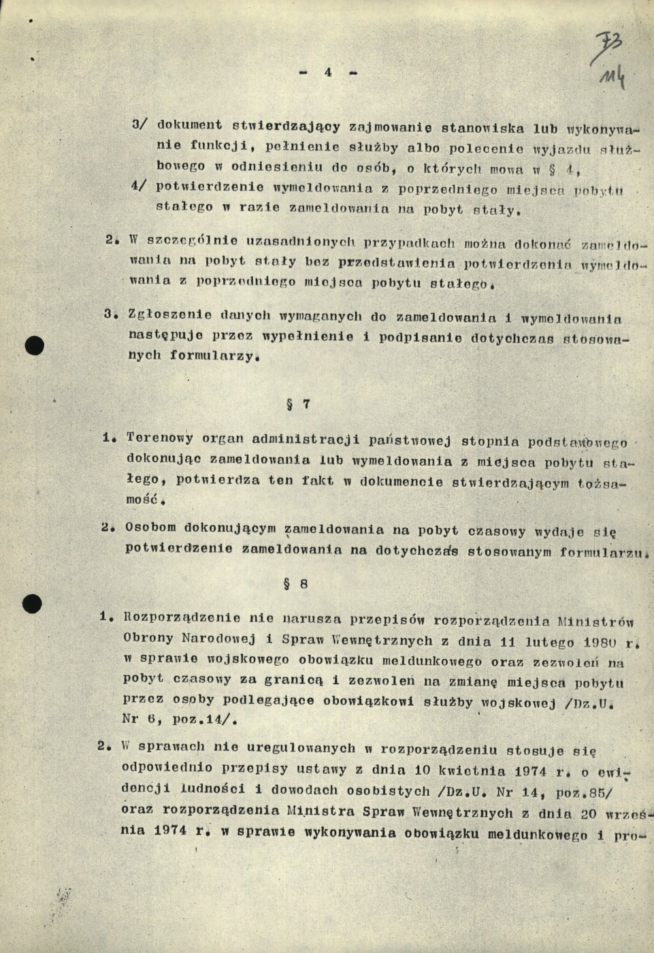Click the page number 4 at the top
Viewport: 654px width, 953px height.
[328, 72]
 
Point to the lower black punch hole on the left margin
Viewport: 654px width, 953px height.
[32, 602]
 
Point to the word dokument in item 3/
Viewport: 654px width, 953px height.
[190, 125]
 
